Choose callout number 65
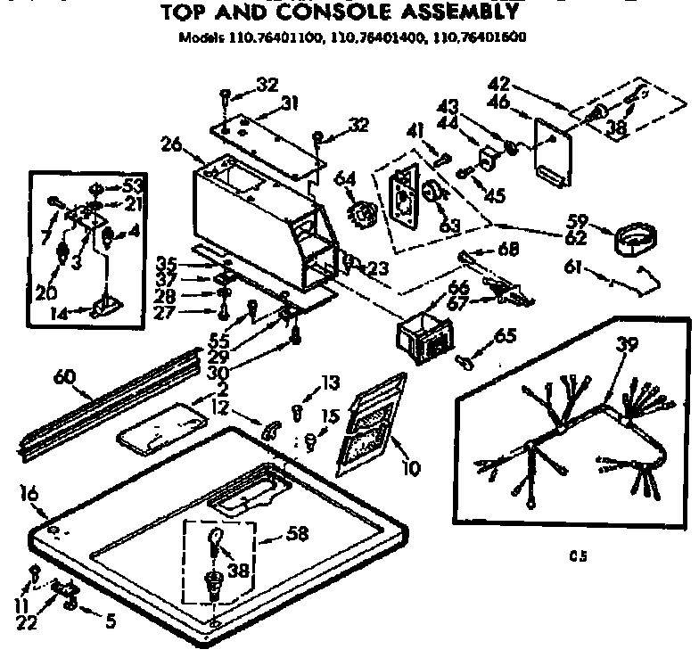[x=505, y=337]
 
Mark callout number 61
[x=575, y=267]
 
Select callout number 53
[x=134, y=185]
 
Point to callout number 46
[x=500, y=103]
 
